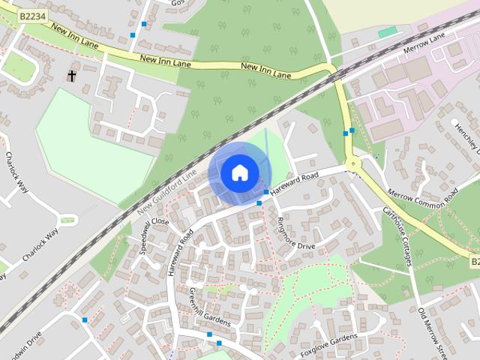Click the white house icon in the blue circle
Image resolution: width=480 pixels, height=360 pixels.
tap(238, 172)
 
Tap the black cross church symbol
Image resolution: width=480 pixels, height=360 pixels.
tap(73, 76)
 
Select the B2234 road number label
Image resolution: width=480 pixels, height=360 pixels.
tap(31, 16)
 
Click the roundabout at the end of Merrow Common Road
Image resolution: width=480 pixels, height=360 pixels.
tap(352, 162)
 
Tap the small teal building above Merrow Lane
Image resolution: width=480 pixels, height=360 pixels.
tap(388, 32)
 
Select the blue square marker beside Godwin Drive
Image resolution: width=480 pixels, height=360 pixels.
tap(85, 320)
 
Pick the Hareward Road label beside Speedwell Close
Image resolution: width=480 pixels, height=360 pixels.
tap(181, 253)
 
